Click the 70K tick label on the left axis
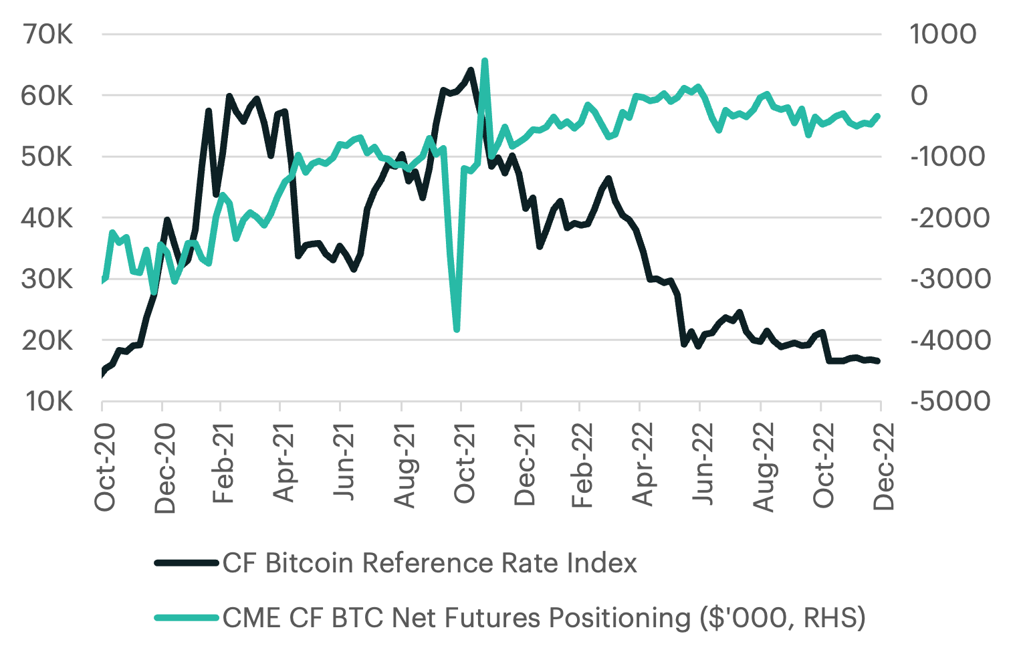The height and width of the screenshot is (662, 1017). (x=48, y=34)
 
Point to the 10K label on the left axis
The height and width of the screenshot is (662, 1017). (x=48, y=401)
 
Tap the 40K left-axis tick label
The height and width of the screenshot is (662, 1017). (x=48, y=218)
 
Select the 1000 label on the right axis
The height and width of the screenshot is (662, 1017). (x=943, y=34)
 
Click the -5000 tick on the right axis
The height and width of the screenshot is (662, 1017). (x=950, y=401)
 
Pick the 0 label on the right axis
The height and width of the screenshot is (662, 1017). (x=919, y=96)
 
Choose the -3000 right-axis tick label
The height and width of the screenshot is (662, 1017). (x=950, y=279)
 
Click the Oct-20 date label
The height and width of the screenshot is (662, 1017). (x=106, y=467)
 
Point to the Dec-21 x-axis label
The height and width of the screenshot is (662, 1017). (x=525, y=465)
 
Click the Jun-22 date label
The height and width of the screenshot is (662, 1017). (x=704, y=464)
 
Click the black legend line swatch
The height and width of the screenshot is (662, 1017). (x=187, y=563)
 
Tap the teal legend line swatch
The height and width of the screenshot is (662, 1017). (x=187, y=617)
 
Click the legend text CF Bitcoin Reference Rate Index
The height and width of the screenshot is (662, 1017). (x=430, y=563)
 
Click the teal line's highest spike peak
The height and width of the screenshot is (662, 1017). (x=485, y=61)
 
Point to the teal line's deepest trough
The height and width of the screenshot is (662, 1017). (x=457, y=329)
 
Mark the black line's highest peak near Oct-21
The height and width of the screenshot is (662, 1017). (x=471, y=70)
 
